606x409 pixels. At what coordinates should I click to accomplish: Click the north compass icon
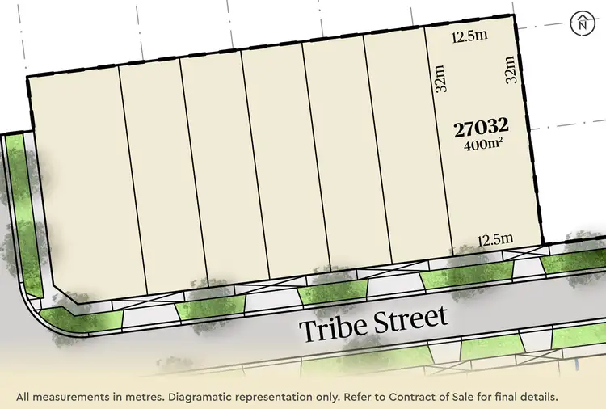pos(582,23)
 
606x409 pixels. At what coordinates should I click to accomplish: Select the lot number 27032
pos(482,127)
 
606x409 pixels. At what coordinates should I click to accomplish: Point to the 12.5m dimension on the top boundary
pos(470,36)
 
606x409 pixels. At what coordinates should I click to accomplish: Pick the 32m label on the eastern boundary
pos(510,70)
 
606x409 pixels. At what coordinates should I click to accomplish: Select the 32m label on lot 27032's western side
pos(441,79)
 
